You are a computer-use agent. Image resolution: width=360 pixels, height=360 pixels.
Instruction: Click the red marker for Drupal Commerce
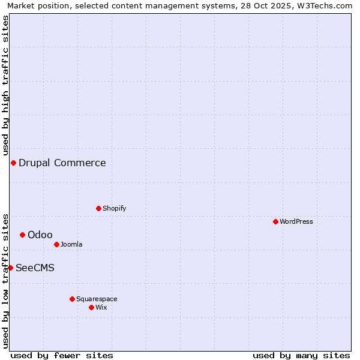coord(13,163)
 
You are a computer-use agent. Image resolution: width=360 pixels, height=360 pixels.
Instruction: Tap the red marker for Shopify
coord(99,208)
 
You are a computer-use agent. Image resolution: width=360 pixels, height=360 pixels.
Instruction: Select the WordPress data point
coord(275,221)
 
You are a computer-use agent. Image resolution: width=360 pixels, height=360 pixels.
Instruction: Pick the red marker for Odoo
coord(22,235)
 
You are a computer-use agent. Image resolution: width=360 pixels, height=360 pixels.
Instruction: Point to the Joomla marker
coord(56,244)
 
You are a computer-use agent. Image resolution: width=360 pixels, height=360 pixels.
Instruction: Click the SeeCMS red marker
coord(10,268)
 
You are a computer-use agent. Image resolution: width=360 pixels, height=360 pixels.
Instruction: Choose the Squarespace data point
coord(72,299)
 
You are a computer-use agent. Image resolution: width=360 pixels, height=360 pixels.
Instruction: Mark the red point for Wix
coord(91,307)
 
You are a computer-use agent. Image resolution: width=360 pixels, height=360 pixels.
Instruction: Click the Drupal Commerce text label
coord(62,163)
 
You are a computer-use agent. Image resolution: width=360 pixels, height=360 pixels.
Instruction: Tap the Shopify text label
coord(115,208)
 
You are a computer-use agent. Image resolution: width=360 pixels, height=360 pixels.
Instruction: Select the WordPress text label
coord(296,221)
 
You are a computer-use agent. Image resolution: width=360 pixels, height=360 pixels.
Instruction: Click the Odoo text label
coord(40,235)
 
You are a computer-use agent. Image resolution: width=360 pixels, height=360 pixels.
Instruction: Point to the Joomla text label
coord(71,244)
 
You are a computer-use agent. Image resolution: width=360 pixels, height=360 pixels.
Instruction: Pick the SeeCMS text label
coord(35,268)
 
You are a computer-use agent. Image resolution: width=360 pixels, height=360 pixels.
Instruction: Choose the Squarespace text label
coord(97,299)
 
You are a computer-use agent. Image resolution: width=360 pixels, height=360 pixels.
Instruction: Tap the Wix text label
coord(101,307)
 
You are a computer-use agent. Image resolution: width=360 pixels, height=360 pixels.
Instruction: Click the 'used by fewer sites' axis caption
coord(62,355)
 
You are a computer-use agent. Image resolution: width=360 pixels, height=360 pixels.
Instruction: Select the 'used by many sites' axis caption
coord(301,355)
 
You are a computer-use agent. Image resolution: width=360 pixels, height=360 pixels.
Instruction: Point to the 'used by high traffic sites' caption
coord(6,84)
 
